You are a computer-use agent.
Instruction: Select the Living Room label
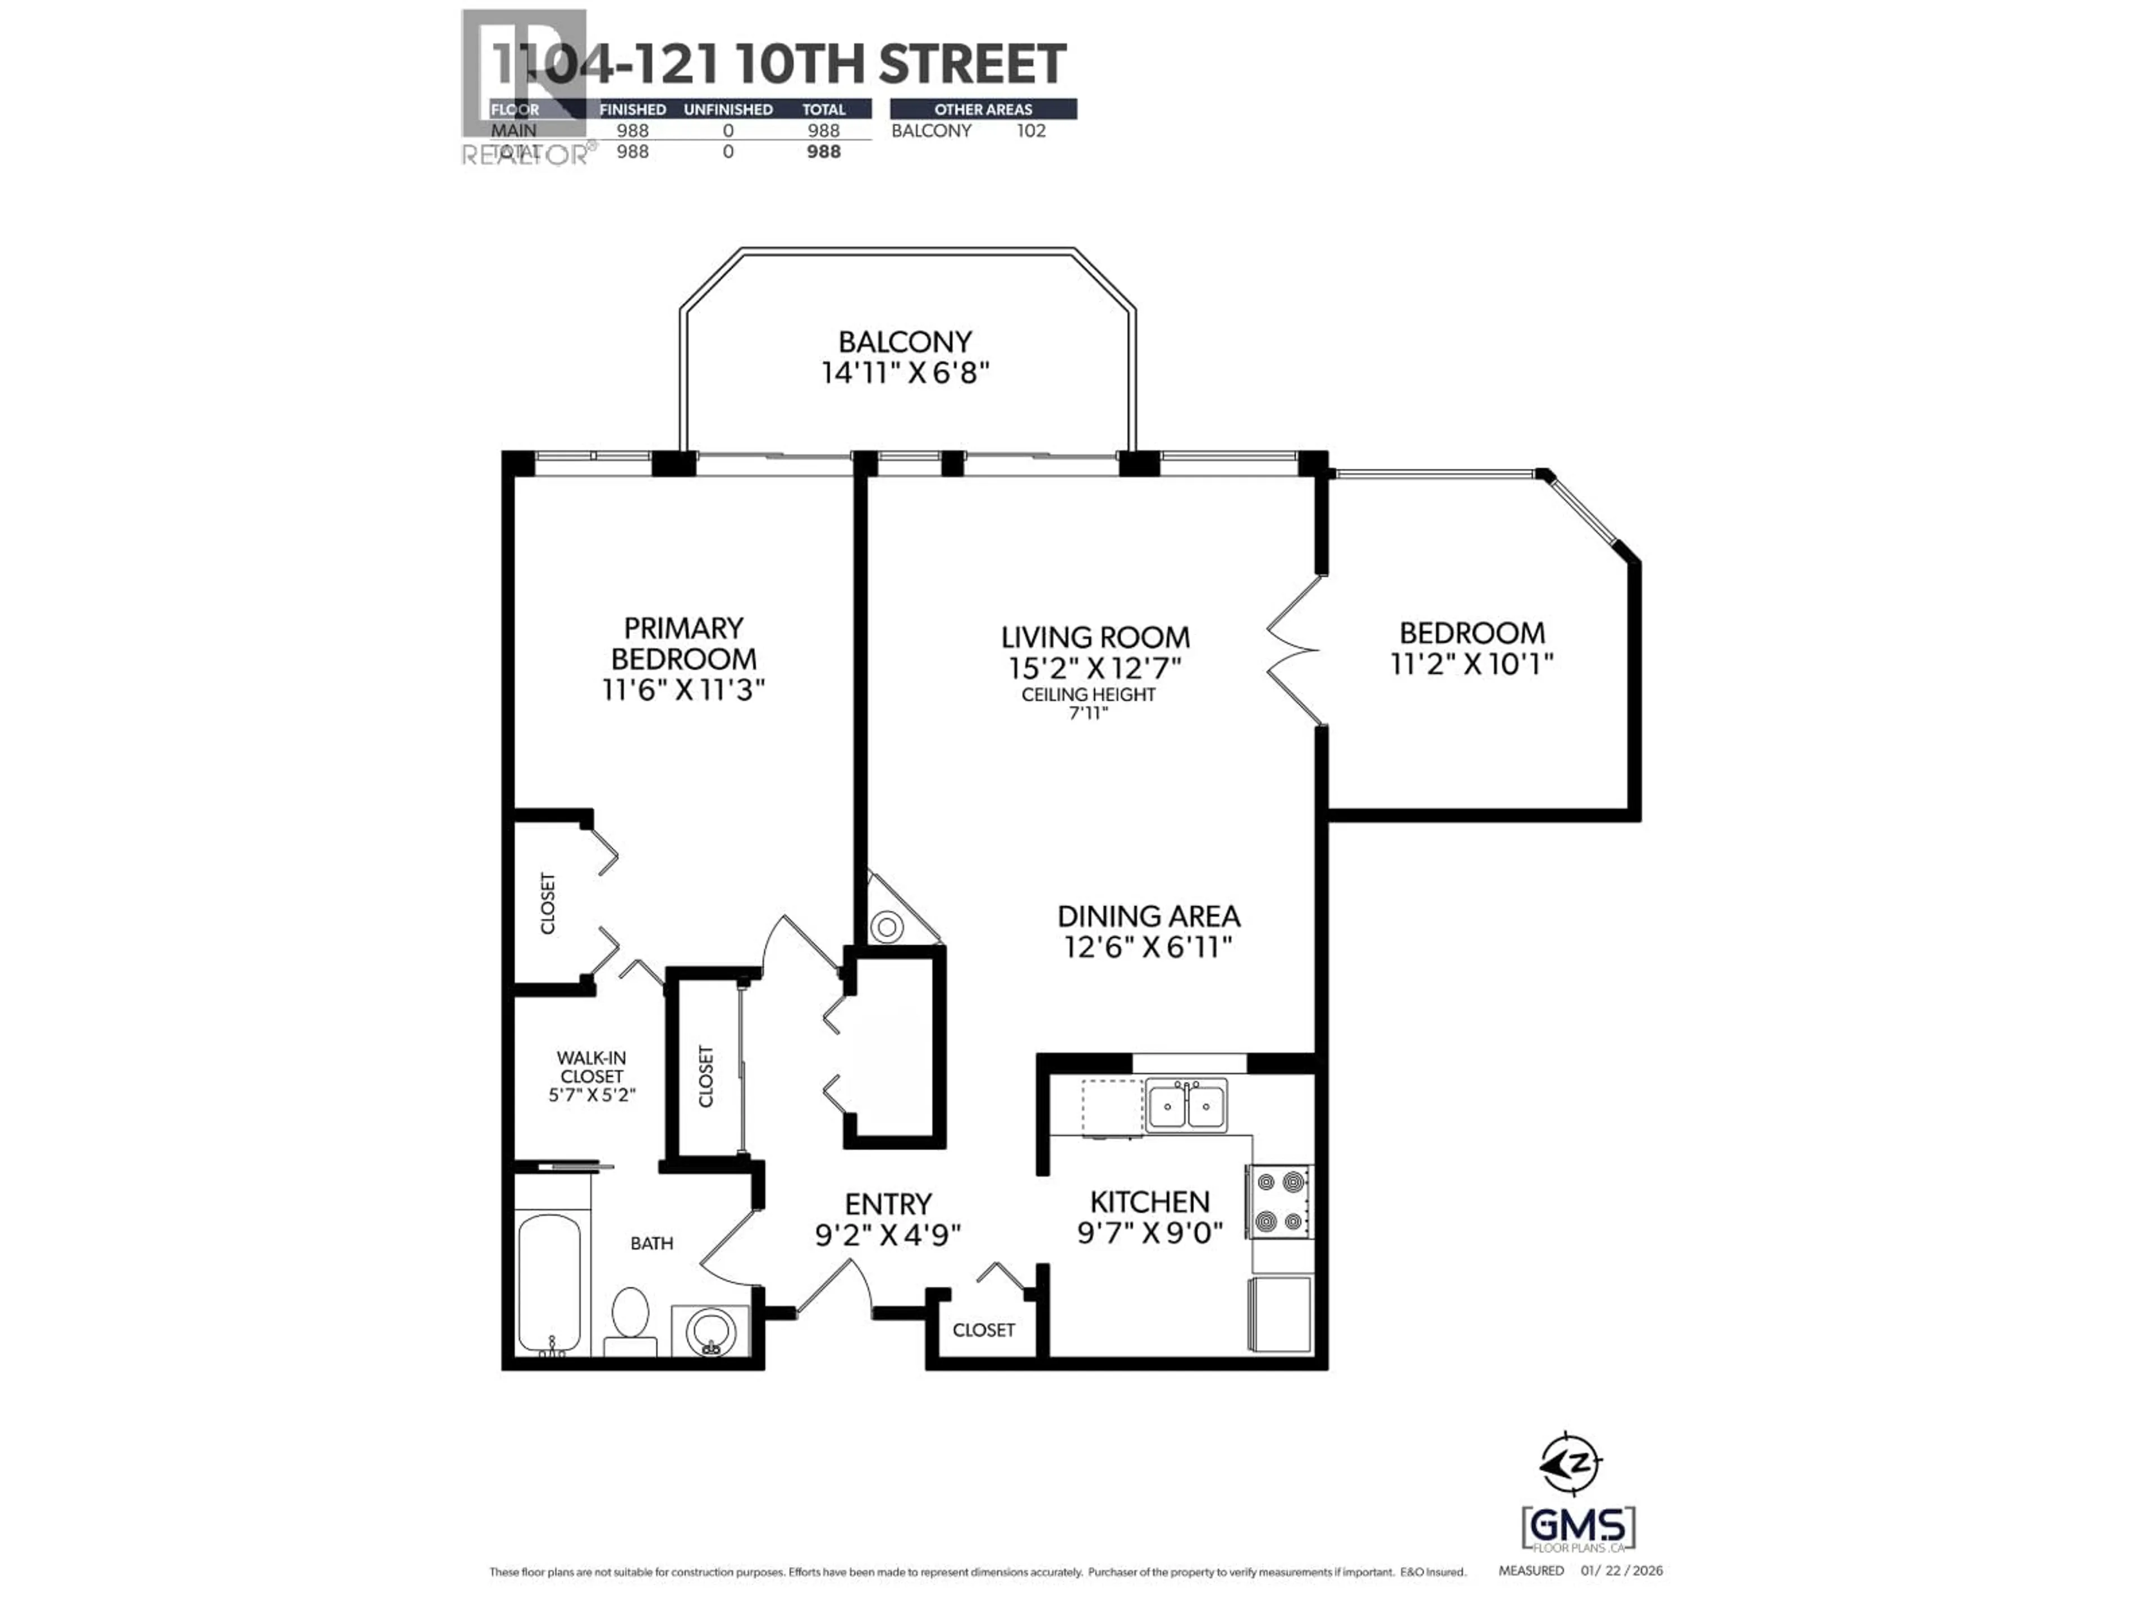tap(1095, 637)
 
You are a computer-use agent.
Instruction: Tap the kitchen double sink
tap(1186, 1106)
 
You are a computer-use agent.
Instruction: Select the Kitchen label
tap(1149, 1202)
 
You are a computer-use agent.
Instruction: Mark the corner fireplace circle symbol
tap(887, 927)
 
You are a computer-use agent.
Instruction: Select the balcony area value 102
tap(1031, 131)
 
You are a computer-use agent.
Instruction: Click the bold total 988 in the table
tap(823, 152)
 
